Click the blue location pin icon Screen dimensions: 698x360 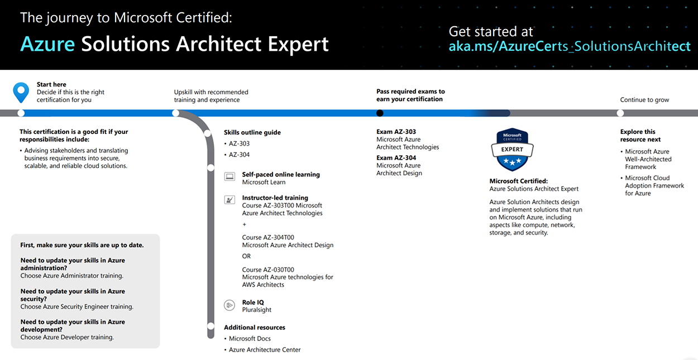21,92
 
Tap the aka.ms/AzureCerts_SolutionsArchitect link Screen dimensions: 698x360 570,46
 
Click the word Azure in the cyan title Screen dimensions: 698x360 47,44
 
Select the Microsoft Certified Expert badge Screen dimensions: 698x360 512,149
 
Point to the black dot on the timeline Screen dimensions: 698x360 380,113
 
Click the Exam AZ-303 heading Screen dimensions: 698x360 396,132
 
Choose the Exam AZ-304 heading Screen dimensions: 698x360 396,158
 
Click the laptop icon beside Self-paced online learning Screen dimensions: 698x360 230,176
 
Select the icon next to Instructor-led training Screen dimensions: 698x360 230,200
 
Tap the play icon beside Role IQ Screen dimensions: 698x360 230,305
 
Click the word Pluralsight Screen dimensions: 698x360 256,310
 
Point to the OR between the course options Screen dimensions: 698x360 246,256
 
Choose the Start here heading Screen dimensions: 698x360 51,84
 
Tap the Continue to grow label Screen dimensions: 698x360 644,100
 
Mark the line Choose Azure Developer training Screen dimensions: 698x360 67,337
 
